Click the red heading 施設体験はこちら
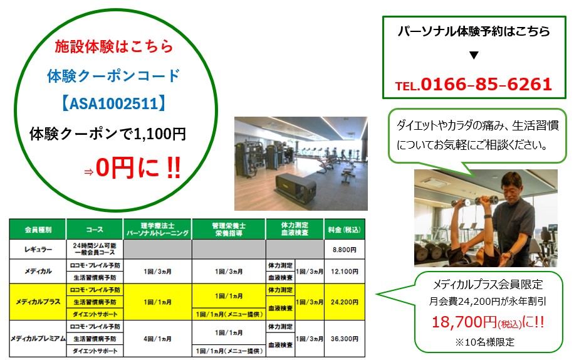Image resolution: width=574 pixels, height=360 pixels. point(113,46)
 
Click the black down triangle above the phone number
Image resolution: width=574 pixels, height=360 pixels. point(474,55)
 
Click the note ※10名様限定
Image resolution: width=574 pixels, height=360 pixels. point(483,342)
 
